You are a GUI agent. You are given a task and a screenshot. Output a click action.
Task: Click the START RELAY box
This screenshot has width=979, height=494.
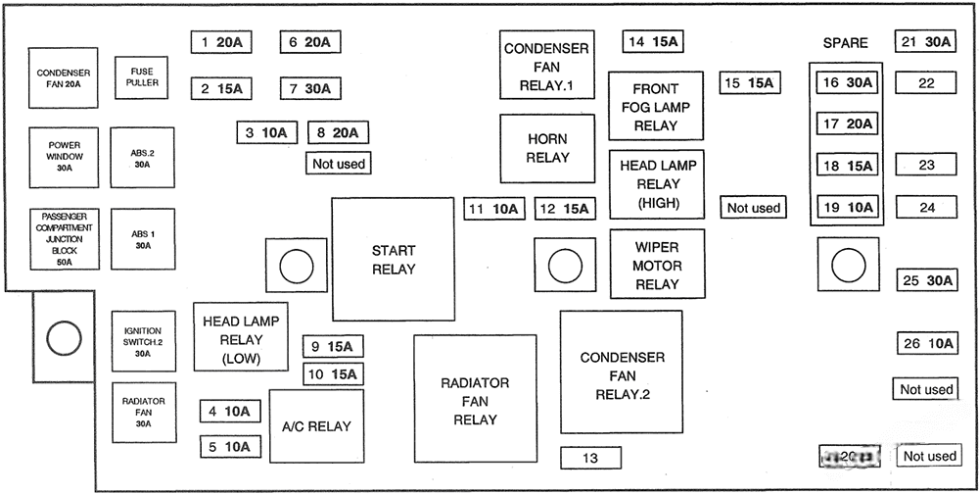(393, 259)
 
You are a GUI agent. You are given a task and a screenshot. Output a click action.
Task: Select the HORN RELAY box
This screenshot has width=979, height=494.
(547, 148)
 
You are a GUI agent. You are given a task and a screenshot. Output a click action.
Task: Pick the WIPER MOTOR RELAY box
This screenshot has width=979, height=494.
(657, 265)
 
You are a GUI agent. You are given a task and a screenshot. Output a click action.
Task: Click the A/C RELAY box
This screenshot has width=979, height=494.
(316, 425)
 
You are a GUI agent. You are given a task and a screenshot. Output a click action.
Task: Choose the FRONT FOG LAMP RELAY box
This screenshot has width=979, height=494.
(656, 107)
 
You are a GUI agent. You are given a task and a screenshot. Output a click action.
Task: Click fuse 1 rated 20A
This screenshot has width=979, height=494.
(220, 42)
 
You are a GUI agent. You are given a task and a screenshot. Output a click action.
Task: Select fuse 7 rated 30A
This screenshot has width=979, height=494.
(309, 88)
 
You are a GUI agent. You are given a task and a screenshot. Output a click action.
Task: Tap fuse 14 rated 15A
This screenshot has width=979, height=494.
(652, 41)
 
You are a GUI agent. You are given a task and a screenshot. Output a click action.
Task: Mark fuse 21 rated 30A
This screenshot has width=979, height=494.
(925, 42)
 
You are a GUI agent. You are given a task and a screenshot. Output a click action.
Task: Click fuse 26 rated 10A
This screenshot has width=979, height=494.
(927, 343)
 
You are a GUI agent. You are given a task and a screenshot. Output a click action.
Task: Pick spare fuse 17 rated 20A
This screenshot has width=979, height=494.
(847, 124)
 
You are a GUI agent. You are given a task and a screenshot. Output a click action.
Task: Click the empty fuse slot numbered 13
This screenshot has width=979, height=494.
(590, 457)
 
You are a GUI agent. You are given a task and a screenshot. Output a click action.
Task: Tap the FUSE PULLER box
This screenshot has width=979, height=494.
(142, 76)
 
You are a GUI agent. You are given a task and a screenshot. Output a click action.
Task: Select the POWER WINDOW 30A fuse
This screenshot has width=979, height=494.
(65, 157)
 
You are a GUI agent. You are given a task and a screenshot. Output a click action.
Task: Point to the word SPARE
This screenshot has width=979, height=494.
(845, 43)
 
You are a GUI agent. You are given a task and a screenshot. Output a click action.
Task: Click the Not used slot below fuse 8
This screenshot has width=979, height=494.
(338, 164)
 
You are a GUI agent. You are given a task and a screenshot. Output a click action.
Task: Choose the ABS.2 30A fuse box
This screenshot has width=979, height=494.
(143, 157)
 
